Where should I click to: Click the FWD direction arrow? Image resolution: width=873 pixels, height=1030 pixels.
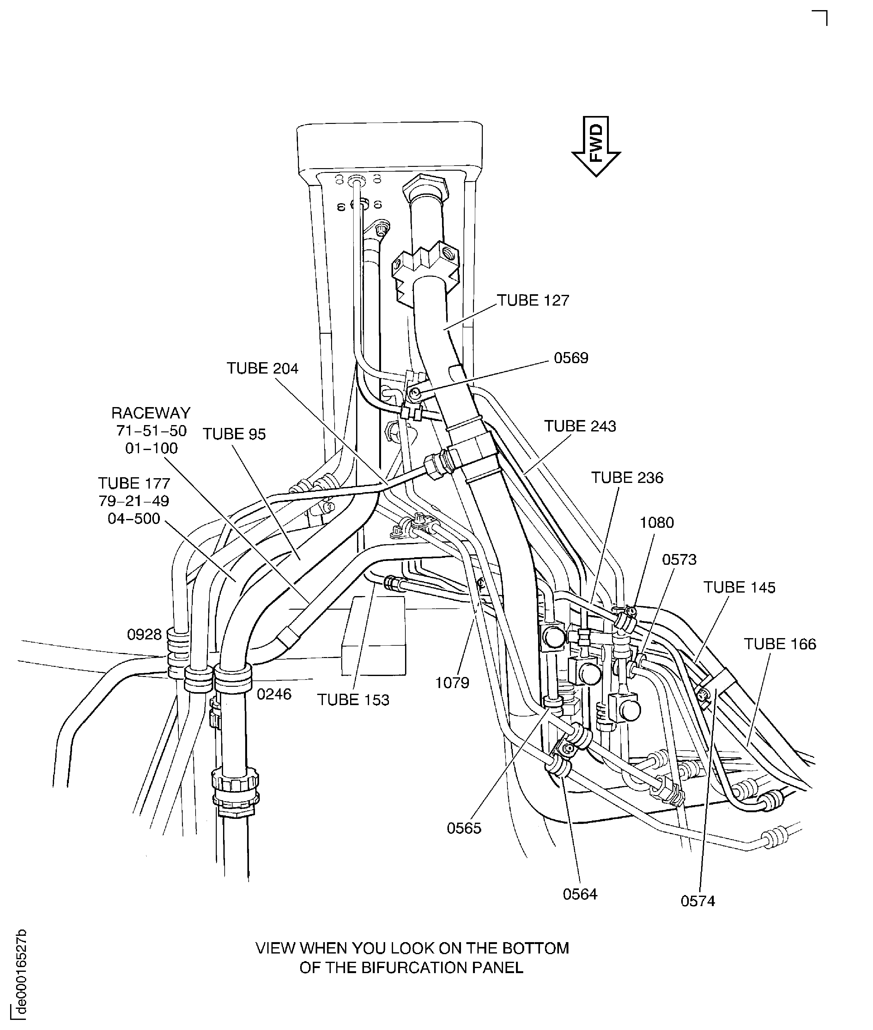coord(596,146)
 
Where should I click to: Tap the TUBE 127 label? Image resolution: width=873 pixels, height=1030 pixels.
coord(533,301)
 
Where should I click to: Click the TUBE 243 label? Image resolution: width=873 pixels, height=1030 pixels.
coord(580,426)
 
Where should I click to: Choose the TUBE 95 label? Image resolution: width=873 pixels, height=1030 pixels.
coord(234,434)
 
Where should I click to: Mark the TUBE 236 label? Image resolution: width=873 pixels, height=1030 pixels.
coord(627,478)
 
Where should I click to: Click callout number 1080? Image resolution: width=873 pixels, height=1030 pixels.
coord(657,523)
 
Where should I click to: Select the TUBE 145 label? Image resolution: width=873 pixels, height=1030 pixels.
coord(739,588)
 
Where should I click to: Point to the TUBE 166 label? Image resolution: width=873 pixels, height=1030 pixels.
coord(780,644)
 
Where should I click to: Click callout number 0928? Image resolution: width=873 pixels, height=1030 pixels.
coord(144,635)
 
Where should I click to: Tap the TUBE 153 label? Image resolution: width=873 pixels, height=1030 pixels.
coord(353,700)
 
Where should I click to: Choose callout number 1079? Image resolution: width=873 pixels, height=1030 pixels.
coord(452,683)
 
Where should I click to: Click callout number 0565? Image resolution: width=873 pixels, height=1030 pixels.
coord(464,828)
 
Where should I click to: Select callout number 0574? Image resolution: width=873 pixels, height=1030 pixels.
coord(698,901)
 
